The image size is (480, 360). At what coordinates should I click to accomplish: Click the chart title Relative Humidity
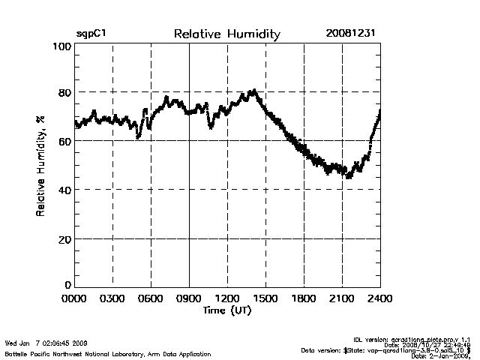(226, 34)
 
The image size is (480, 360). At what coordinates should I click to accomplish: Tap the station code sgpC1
(90, 34)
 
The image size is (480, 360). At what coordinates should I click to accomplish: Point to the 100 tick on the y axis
(62, 46)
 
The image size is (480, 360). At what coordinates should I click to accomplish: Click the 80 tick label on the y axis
(65, 92)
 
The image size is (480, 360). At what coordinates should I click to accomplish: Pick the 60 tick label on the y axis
(65, 141)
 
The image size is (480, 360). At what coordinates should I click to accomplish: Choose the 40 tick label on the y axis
(65, 190)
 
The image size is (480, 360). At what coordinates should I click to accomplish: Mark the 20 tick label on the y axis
(65, 238)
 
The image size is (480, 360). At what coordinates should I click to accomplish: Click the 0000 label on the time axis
(74, 298)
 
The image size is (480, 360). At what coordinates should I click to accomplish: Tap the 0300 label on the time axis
(112, 298)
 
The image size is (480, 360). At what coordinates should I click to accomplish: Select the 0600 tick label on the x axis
(151, 298)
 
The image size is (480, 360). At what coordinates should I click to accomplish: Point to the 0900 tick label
(189, 298)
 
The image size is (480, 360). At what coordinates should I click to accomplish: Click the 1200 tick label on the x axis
(227, 298)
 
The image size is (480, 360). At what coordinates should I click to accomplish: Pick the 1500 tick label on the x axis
(265, 298)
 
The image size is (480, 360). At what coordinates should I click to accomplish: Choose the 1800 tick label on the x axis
(304, 298)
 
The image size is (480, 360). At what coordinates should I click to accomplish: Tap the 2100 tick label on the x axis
(342, 298)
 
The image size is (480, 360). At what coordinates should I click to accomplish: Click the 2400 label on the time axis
(380, 298)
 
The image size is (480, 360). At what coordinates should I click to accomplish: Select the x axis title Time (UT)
(227, 310)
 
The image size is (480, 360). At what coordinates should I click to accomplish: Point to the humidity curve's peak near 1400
(254, 91)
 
